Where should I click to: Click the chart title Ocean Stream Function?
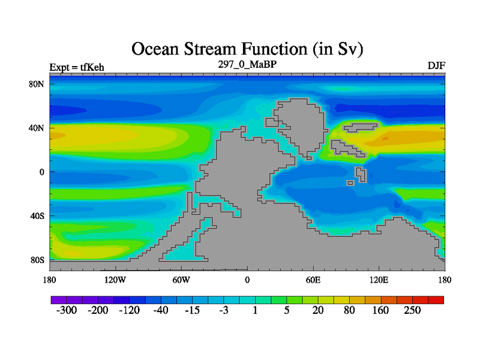tap(247, 49)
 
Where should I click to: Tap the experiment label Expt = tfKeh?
tap(77, 67)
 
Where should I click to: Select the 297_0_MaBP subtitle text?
tap(247, 64)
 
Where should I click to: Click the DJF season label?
tap(436, 65)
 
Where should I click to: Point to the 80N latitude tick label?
tap(37, 84)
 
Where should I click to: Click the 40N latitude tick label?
tap(37, 128)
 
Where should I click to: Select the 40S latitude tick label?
tap(37, 216)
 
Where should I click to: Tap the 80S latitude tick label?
tap(37, 260)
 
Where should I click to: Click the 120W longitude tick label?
tap(115, 280)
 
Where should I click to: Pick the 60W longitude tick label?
tap(181, 280)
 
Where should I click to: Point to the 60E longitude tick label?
tap(313, 280)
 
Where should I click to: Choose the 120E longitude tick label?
tap(379, 280)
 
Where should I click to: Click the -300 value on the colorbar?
tap(67, 310)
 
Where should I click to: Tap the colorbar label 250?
tap(412, 310)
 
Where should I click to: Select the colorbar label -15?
tap(192, 310)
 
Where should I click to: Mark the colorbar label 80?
tap(349, 310)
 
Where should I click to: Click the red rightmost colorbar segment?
tap(436, 300)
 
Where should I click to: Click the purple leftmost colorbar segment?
tap(59, 300)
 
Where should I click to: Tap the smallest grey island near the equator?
tap(350, 183)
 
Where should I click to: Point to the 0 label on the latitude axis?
tap(42, 172)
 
